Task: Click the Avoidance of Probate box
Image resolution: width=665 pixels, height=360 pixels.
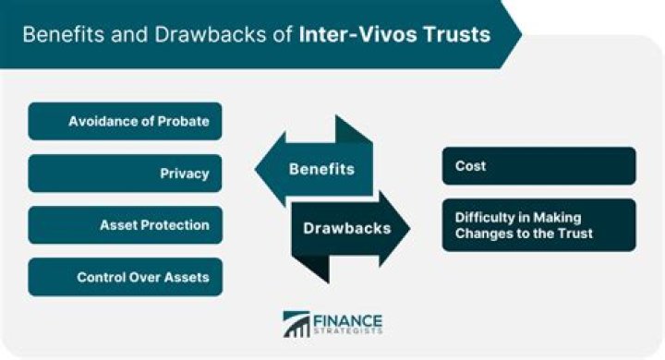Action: (126, 121)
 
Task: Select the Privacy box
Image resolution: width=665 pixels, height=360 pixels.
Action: (126, 173)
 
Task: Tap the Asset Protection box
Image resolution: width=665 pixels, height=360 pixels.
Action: (126, 224)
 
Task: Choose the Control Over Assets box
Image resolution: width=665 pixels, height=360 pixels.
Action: (126, 276)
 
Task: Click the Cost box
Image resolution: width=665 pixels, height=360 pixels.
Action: (539, 166)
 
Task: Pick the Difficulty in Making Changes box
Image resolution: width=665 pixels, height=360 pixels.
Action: (539, 224)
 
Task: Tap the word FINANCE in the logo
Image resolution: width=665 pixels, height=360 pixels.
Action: (349, 320)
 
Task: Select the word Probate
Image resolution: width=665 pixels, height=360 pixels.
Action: (185, 121)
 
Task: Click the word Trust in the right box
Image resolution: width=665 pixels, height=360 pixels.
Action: (573, 234)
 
